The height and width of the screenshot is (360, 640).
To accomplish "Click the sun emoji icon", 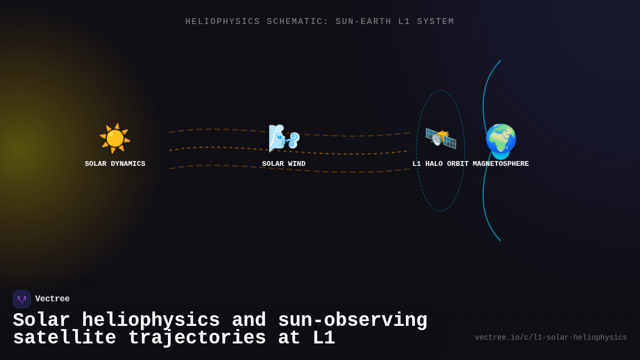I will (x=115, y=138).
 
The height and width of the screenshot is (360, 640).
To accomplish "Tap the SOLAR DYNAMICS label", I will (x=115, y=164).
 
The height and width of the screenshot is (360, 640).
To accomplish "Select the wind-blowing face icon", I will (x=284, y=138).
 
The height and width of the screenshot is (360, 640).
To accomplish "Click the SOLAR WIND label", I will (x=284, y=164).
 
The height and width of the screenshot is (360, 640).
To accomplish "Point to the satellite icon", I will (x=441, y=138).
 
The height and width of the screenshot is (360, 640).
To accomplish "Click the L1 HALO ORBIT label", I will (x=441, y=164).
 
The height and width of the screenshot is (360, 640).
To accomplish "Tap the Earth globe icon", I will (x=501, y=141).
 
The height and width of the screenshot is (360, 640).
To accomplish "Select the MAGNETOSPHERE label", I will (x=501, y=164).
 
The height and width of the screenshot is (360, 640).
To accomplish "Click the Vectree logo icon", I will (x=22, y=299).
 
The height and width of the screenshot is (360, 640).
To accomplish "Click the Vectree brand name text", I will (x=52, y=299).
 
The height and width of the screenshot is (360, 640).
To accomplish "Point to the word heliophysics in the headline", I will (x=151, y=321).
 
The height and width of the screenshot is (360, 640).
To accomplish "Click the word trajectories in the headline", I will (x=197, y=338).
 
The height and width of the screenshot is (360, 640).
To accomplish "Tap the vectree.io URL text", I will (x=550, y=338).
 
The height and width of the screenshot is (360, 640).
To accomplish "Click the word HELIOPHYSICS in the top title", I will (x=223, y=22).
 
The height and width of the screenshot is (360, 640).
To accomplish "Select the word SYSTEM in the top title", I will (x=436, y=22).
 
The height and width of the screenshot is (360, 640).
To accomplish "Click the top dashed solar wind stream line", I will (x=213, y=129).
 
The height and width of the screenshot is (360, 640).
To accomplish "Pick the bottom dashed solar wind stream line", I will (x=213, y=165).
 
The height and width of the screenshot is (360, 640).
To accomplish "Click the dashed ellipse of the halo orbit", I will (x=417, y=150).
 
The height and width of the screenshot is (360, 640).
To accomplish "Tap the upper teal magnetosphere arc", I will (x=485, y=91).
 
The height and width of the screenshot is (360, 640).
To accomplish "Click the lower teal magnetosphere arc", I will (x=485, y=208).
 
